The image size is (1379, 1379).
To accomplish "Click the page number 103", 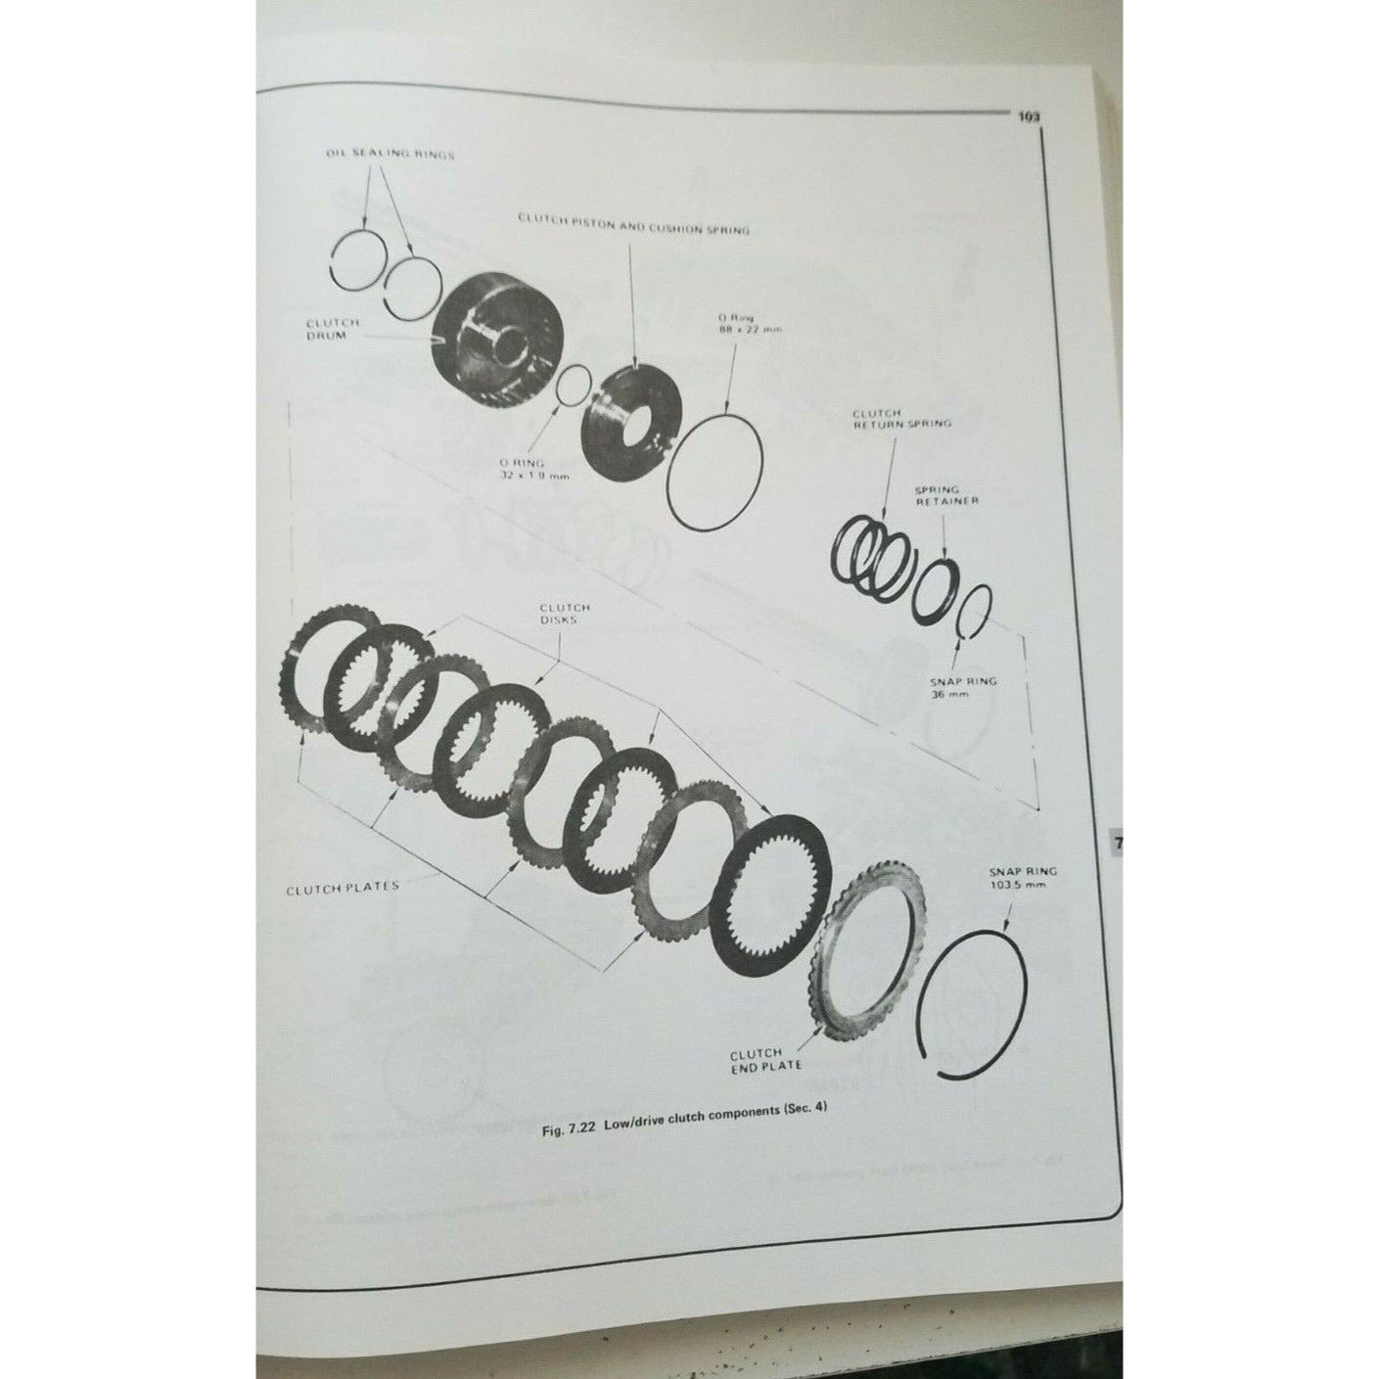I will [x=1027, y=116].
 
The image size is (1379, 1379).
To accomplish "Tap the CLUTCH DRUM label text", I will [x=333, y=329].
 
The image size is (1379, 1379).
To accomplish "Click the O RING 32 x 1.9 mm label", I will [x=533, y=468].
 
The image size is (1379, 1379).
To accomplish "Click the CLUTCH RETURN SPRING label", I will [x=900, y=419].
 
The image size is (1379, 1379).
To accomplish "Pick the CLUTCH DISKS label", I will [x=565, y=614].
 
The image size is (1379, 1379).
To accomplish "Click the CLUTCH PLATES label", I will [x=343, y=888].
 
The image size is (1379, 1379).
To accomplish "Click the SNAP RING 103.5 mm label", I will [x=1023, y=877].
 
